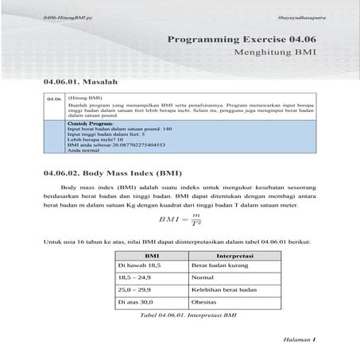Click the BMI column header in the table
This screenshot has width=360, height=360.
click(150, 256)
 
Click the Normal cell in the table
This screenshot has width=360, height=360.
click(203, 279)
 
